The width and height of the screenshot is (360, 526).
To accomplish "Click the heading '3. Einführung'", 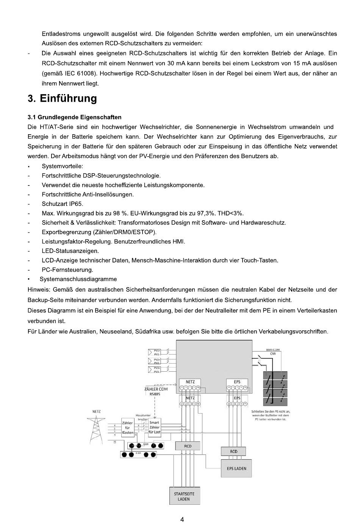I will coord(63,99).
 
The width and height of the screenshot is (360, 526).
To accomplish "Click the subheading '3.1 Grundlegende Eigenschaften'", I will coord(75,117).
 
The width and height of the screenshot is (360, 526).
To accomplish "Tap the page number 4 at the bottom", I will coord(182,520).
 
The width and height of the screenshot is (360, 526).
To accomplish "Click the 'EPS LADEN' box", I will coord(236,469).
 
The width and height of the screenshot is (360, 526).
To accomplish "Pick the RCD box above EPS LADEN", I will coord(233,451).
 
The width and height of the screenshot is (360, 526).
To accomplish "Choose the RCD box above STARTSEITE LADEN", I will coord(188,446).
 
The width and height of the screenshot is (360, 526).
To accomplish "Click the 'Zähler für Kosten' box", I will coord(127,428).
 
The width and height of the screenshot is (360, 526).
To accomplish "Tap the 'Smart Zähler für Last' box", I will coord(154,427).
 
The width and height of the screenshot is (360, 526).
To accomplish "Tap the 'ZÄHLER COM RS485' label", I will coord(156,391).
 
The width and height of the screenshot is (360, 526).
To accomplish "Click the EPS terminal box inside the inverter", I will coord(237,385).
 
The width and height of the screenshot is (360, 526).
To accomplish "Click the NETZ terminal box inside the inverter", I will coord(190,385).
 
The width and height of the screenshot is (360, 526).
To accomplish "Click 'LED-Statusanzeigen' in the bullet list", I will coord(70,251).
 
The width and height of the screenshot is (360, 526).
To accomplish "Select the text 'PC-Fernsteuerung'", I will coord(67,270).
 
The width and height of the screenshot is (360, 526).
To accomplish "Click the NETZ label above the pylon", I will coord(96,411).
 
